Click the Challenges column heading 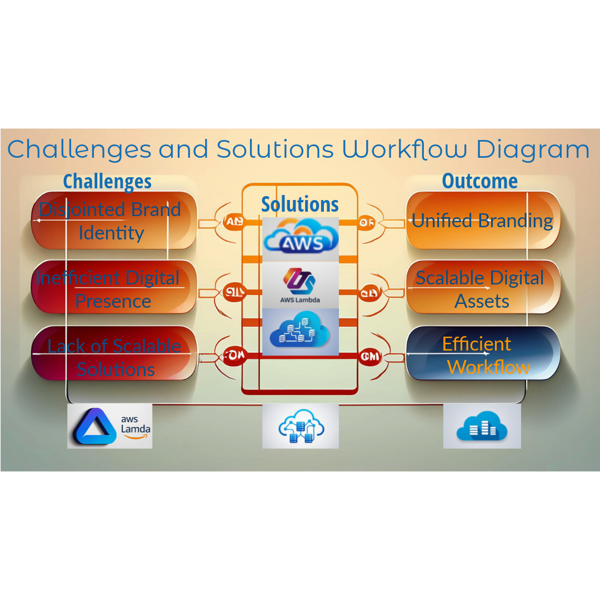click(107, 181)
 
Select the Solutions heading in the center click(300, 204)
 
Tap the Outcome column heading click(479, 181)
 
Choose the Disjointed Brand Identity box click(113, 221)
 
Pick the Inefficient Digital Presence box click(113, 288)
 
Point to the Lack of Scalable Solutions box click(113, 357)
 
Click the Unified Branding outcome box click(482, 221)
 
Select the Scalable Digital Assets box click(482, 288)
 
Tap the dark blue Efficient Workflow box click(482, 356)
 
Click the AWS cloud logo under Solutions click(301, 239)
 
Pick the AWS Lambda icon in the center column click(301, 284)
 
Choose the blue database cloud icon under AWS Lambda click(301, 332)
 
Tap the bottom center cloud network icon click(301, 426)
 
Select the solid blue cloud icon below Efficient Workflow click(482, 426)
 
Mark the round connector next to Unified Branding click(367, 223)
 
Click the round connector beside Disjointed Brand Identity click(233, 222)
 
